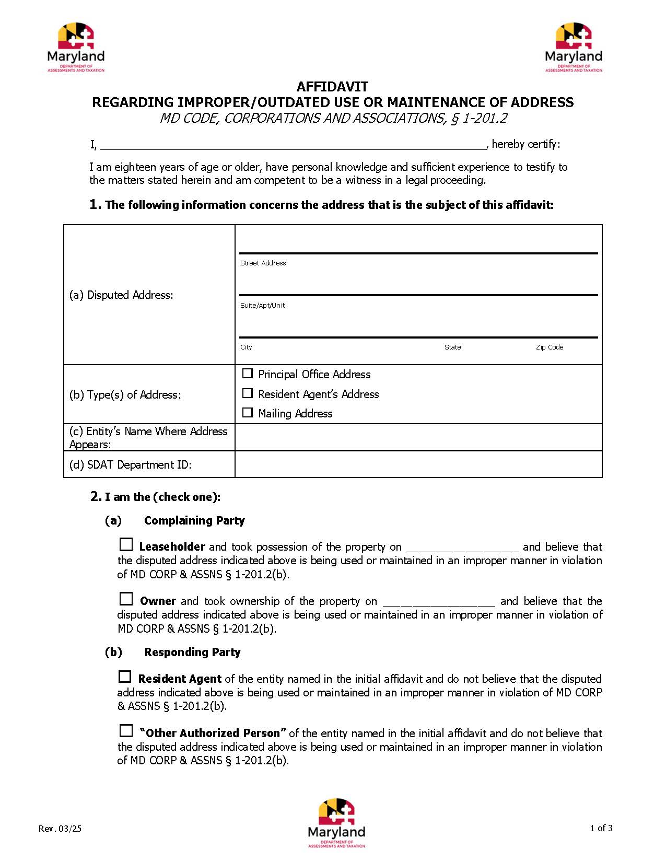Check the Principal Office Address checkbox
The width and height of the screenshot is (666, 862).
pos(248,374)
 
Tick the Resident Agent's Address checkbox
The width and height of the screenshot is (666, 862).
pos(248,393)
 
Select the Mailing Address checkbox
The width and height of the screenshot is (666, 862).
pos(248,413)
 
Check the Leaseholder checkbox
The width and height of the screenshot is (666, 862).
pos(126,545)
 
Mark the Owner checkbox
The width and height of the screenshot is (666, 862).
pos(126,599)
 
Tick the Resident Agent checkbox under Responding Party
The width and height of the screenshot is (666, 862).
pos(125,677)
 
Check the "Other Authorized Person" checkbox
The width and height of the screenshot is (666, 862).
pos(126,731)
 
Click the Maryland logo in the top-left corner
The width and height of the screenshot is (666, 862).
pos(76,48)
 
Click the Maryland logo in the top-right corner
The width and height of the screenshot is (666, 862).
pos(573,48)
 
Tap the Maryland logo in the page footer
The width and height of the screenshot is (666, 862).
pos(336,823)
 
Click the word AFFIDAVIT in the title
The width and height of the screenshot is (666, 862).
pos(332,87)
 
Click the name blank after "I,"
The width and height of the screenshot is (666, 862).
pos(293,144)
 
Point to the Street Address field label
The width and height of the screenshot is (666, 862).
pos(263,263)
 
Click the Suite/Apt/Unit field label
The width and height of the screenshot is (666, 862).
pos(262,306)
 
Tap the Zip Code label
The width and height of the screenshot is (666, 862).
pos(549,347)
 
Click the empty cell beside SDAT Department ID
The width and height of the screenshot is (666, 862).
pos(418,464)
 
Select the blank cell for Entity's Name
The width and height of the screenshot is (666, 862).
pos(418,437)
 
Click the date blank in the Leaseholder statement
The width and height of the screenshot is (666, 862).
pos(462,547)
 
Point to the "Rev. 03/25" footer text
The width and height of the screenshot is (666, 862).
pos(60,829)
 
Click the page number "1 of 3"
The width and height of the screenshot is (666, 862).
pos(601,828)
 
